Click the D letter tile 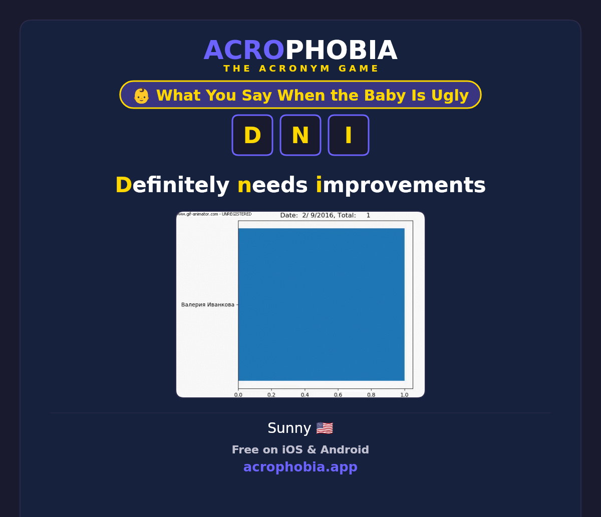[x=252, y=135]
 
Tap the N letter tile [x=300, y=135]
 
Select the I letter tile [x=349, y=135]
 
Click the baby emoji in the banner [x=141, y=96]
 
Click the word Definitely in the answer [x=172, y=185]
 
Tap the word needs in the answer [x=272, y=185]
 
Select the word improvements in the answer [x=401, y=185]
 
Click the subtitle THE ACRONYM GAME [x=300, y=69]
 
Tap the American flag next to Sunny [x=325, y=428]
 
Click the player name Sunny [x=289, y=428]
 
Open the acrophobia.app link [x=300, y=467]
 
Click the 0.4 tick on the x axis [x=305, y=395]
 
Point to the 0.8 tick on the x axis [x=371, y=395]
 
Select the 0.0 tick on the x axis [x=238, y=395]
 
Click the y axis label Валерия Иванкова [x=208, y=305]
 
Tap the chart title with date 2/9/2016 [x=325, y=215]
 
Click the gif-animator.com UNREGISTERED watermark [x=214, y=214]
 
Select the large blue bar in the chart [x=322, y=304]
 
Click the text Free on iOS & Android [x=300, y=449]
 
